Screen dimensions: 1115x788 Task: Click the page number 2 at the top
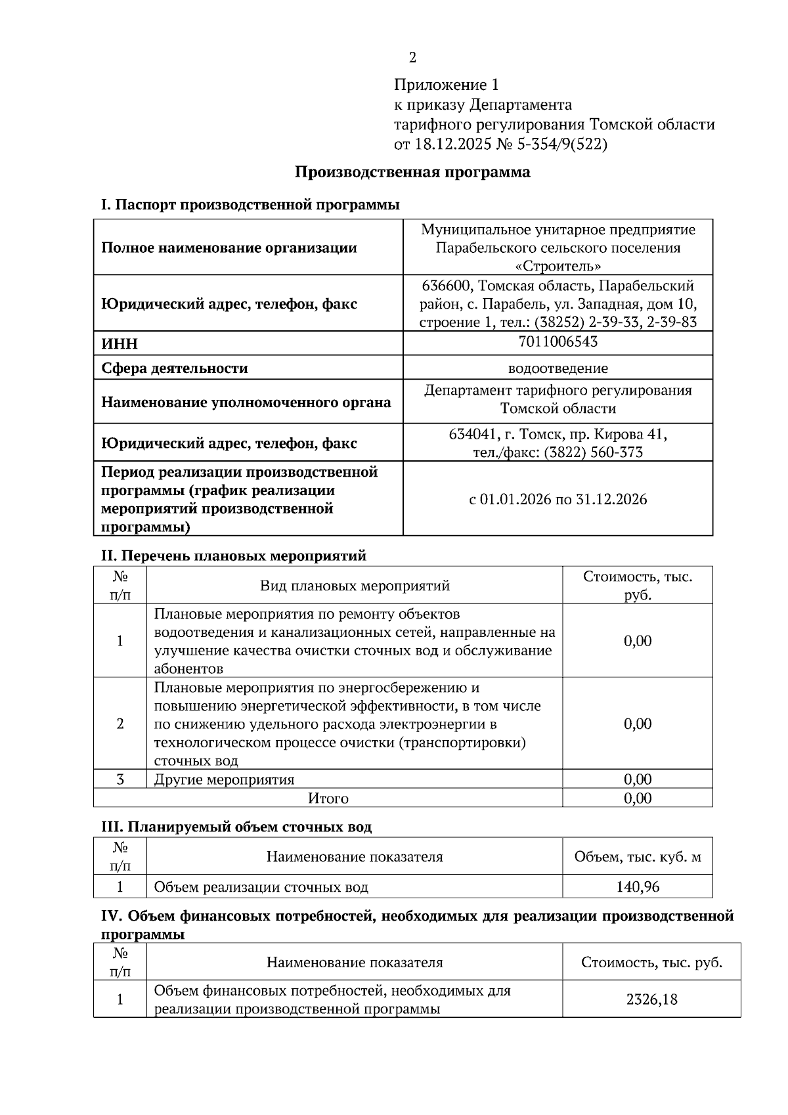point(412,58)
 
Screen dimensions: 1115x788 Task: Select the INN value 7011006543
point(558,341)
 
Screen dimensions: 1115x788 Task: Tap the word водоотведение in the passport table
point(558,368)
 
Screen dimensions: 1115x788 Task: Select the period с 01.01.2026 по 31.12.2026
point(558,499)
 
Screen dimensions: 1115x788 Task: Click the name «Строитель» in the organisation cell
point(558,266)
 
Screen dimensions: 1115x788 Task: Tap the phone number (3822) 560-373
point(593,452)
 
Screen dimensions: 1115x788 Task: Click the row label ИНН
point(120,344)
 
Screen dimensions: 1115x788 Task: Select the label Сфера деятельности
point(174,368)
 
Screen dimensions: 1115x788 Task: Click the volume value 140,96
point(637,886)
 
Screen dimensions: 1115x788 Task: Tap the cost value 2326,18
point(651,999)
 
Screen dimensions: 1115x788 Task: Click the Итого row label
point(328,798)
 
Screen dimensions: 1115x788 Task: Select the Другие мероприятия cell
point(224,779)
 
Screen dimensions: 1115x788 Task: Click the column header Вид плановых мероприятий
point(355,585)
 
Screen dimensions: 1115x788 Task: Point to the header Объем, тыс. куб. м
point(637,856)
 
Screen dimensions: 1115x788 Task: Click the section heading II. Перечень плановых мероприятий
point(233,556)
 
